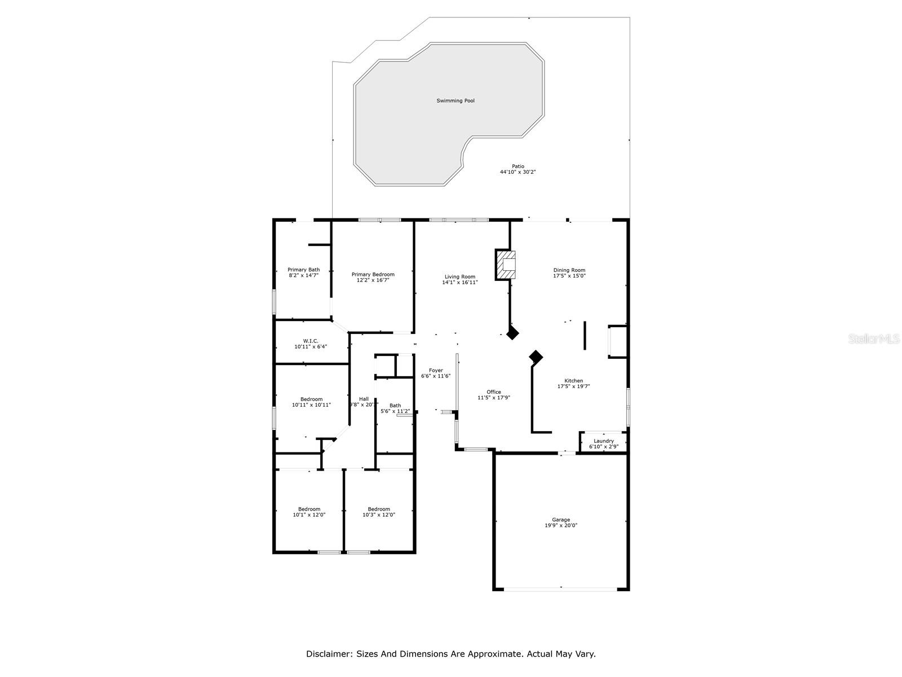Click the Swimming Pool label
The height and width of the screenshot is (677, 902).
tap(456, 101)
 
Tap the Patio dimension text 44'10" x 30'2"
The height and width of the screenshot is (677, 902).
tap(518, 172)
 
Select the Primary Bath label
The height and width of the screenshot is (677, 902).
tap(303, 270)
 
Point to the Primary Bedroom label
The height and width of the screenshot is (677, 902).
tap(373, 275)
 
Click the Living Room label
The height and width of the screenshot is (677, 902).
tap(459, 277)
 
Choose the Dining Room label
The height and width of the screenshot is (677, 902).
tap(569, 270)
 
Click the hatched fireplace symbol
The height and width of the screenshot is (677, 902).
tap(505, 265)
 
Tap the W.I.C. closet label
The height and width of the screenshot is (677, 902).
tap(311, 341)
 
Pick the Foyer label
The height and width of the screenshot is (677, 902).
tap(436, 371)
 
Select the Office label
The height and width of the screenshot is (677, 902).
tap(493, 392)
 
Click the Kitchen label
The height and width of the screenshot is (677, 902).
tap(573, 381)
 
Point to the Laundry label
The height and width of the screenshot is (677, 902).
tap(603, 441)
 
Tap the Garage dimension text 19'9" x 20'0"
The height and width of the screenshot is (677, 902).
tap(560, 525)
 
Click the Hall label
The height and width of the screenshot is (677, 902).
tap(364, 399)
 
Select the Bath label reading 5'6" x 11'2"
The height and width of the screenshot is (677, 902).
tap(395, 406)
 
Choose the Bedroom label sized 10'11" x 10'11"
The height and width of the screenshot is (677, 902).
tap(311, 399)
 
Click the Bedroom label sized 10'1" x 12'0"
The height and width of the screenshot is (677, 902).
tap(309, 509)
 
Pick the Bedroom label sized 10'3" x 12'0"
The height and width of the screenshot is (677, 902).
tap(378, 509)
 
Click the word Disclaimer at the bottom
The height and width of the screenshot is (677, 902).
tap(329, 654)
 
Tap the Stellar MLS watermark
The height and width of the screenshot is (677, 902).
tap(874, 338)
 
